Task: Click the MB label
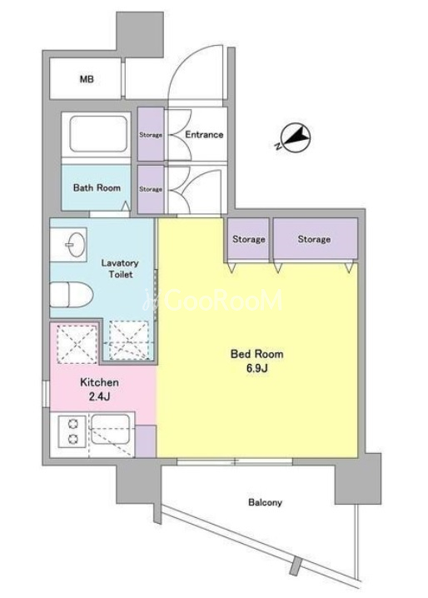pyautogui.click(x=87, y=79)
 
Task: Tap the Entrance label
pyautogui.click(x=204, y=135)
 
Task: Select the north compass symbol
pyautogui.click(x=295, y=137)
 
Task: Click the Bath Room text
pyautogui.click(x=97, y=187)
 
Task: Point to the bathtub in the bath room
pyautogui.click(x=98, y=134)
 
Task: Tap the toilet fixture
pyautogui.click(x=72, y=294)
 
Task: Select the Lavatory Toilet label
pyautogui.click(x=120, y=268)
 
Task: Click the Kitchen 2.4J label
pyautogui.click(x=99, y=390)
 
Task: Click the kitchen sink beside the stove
pyautogui.click(x=111, y=428)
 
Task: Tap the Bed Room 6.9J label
pyautogui.click(x=256, y=361)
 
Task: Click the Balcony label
pyautogui.click(x=265, y=502)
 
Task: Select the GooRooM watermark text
pyautogui.click(x=213, y=301)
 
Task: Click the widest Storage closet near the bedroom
pyautogui.click(x=315, y=239)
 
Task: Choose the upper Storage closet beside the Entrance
pyautogui.click(x=151, y=134)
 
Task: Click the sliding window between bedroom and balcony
pyautogui.click(x=235, y=462)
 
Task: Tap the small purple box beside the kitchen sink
pyautogui.click(x=146, y=441)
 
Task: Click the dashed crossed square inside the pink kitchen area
pyautogui.click(x=77, y=344)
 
